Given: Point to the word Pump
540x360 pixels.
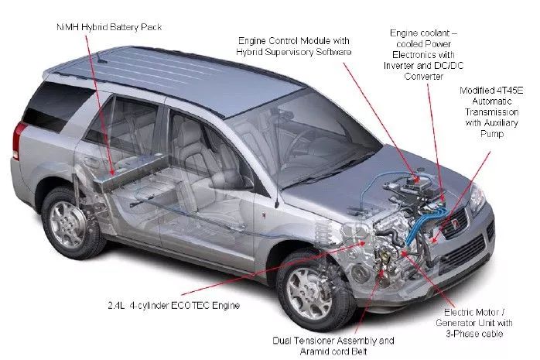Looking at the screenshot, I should (x=492, y=134).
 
